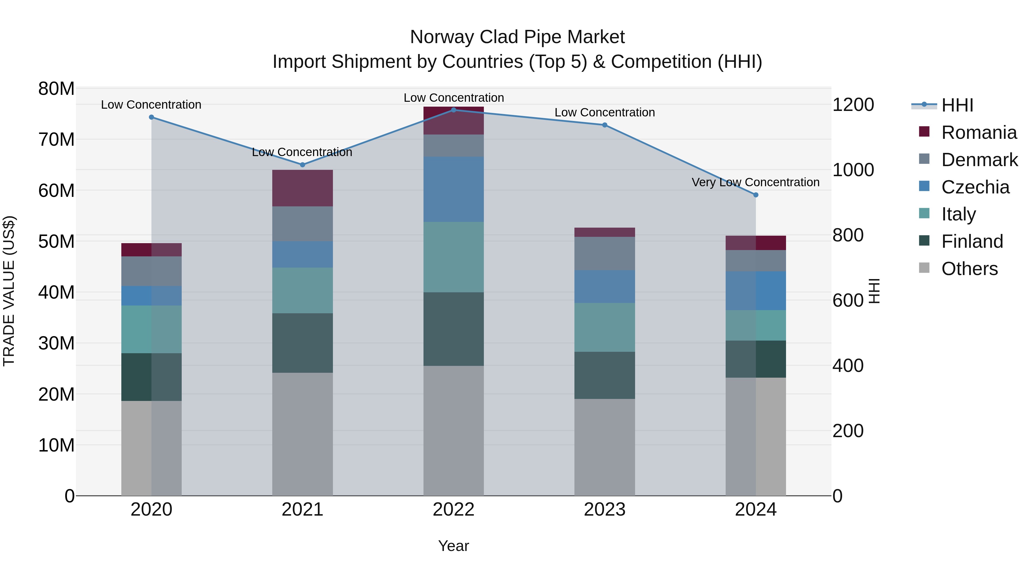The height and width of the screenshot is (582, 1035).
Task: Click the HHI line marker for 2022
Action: coord(454,110)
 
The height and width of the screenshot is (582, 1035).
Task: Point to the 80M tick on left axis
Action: coord(56,89)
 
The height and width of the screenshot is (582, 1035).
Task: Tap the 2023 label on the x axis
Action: coord(605,510)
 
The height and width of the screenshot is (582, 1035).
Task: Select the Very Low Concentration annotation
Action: coord(755,182)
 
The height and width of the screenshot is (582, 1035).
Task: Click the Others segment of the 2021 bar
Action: coord(302,434)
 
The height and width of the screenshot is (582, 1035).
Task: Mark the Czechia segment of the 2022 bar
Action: coord(454,189)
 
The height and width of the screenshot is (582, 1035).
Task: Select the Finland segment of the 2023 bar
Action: coord(605,375)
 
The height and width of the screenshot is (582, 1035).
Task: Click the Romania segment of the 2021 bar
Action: coord(302,188)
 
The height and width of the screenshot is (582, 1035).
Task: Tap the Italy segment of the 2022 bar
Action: coord(454,257)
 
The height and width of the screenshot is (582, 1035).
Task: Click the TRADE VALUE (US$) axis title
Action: coord(9,291)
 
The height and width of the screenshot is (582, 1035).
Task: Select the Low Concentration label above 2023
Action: coord(605,112)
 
